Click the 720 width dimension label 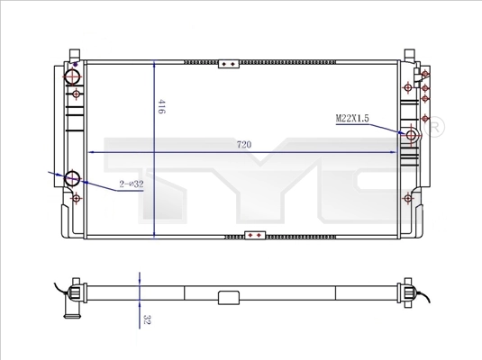pyautogui.click(x=244, y=144)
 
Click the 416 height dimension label pyautogui.click(x=161, y=106)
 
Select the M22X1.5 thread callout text pyautogui.click(x=352, y=118)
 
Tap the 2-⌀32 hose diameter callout pyautogui.click(x=132, y=184)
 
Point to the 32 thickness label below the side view pyautogui.click(x=147, y=319)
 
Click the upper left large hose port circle pyautogui.click(x=73, y=76)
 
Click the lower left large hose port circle pyautogui.click(x=73, y=178)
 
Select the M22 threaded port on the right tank pyautogui.click(x=411, y=135)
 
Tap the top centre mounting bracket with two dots pyautogui.click(x=229, y=64)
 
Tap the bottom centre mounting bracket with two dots pyautogui.click(x=255, y=235)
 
